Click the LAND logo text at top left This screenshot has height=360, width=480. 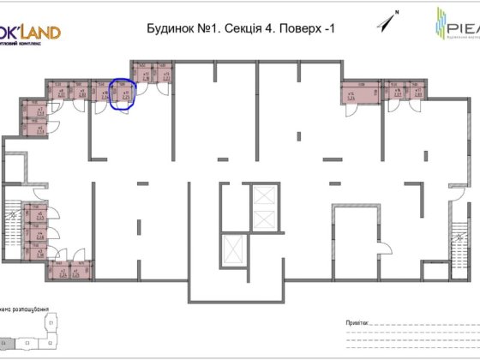39,33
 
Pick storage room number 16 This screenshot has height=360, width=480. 398,94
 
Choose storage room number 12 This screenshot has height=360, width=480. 145,75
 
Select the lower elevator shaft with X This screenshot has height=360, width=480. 233,251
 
